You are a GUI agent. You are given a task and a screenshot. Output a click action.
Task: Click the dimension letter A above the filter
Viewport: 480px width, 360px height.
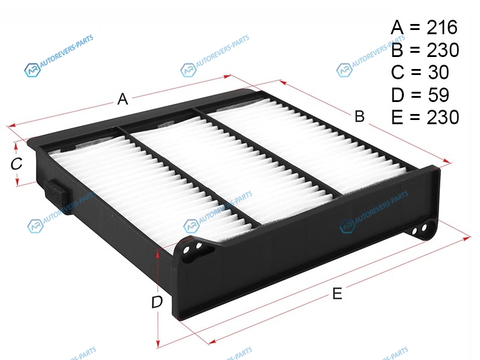(x=122, y=99)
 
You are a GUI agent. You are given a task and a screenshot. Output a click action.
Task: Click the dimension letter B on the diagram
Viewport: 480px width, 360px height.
(x=359, y=116)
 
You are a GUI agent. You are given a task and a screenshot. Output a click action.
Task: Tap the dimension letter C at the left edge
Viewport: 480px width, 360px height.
(x=16, y=163)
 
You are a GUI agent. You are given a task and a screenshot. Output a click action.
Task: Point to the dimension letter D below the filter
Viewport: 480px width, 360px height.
(x=157, y=302)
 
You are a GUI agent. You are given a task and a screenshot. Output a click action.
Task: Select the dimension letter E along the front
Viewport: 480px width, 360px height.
(x=337, y=293)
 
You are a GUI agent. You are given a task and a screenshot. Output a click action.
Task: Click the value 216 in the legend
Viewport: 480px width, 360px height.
(x=442, y=27)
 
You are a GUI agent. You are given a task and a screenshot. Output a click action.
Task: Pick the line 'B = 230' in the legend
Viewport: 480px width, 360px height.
(x=425, y=50)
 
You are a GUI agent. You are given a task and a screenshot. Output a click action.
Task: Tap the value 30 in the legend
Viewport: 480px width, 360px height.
(x=438, y=72)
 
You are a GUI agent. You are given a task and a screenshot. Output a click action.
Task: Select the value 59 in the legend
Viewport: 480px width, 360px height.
(x=438, y=95)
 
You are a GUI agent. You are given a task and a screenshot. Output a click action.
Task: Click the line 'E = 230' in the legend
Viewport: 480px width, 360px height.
(x=425, y=117)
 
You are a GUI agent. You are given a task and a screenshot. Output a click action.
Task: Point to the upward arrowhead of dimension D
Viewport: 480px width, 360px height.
(x=158, y=253)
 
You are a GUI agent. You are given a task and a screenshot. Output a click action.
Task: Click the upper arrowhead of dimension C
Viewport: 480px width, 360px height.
(x=16, y=146)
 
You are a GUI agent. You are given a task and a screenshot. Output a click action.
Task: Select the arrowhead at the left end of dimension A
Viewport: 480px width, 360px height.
(x=11, y=125)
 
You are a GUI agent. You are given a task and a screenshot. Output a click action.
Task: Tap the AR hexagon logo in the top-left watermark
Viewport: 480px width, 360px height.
(x=32, y=70)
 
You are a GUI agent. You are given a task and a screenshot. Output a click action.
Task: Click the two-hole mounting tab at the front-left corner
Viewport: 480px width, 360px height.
(x=192, y=250)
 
